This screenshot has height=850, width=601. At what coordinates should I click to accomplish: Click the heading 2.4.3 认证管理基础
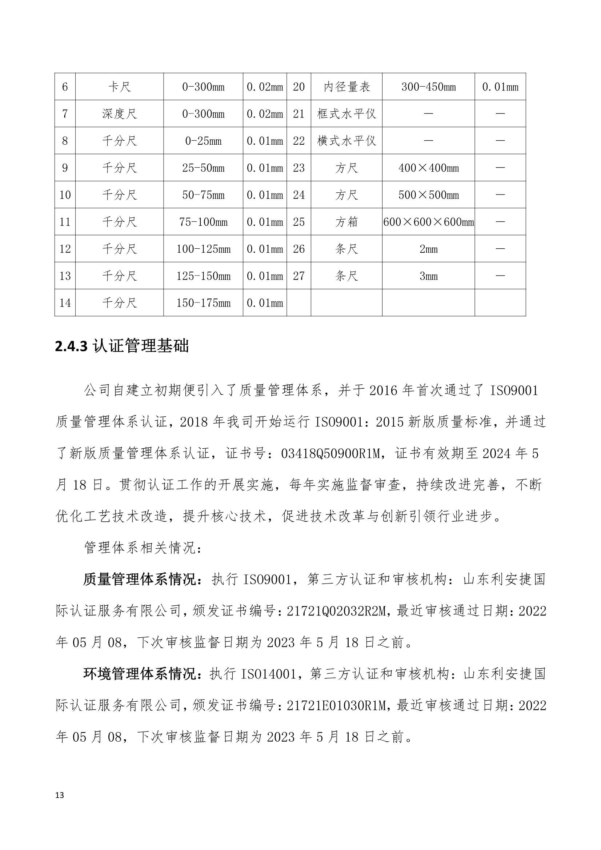tap(122, 346)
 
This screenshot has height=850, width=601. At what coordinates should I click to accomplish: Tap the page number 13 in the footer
tap(59, 795)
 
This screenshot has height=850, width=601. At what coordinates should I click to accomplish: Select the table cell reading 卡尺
tap(119, 87)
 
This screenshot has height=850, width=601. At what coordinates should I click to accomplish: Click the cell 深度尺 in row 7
tap(119, 114)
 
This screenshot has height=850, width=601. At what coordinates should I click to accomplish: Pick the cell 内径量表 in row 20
tap(346, 87)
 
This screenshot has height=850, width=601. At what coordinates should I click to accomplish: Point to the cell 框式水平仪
tap(346, 114)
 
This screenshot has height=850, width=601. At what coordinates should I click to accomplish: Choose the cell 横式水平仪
tap(346, 141)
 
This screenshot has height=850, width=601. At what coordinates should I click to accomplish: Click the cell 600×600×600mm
tap(428, 222)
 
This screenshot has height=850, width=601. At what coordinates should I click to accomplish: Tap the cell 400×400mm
tap(428, 168)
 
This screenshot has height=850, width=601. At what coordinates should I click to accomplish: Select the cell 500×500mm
tap(428, 195)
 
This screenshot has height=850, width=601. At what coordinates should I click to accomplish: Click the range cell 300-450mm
tap(428, 87)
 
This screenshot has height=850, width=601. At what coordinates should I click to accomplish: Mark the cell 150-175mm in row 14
tap(203, 303)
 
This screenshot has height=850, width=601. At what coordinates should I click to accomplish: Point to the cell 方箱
tap(346, 222)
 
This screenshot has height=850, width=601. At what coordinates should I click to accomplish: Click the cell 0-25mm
tap(203, 141)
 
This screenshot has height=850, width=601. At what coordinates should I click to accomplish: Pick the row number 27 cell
tap(299, 276)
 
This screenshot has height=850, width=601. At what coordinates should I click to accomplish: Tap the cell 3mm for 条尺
tap(428, 276)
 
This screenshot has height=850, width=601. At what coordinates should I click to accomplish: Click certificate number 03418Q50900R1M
tap(331, 453)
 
